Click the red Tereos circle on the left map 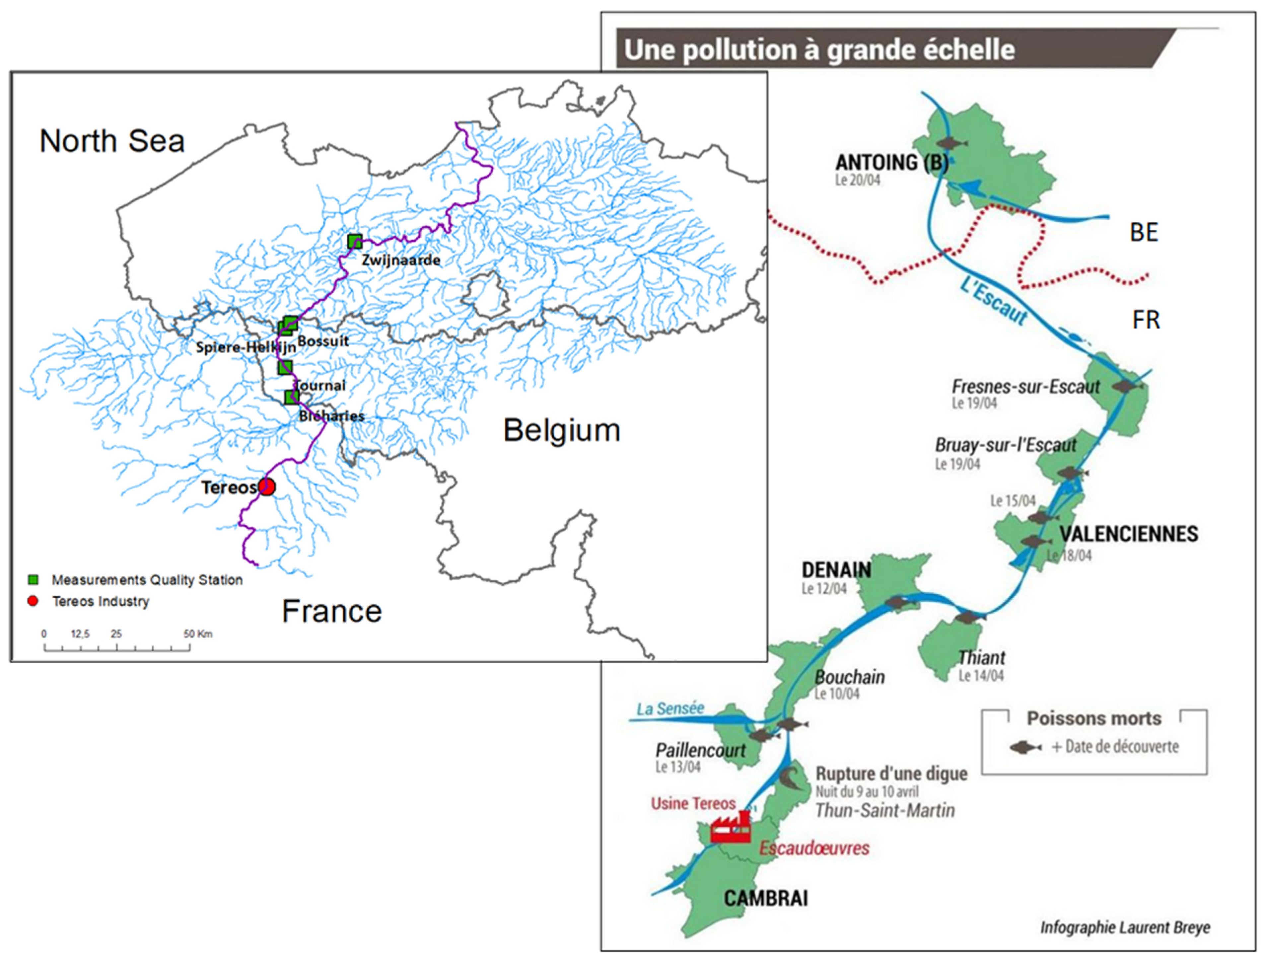click(266, 487)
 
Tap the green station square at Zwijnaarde click(355, 241)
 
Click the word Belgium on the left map click(562, 430)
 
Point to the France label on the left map click(332, 611)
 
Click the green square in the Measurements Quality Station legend click(33, 579)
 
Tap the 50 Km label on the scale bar click(198, 634)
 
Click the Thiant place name click(982, 657)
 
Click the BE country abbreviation click(1144, 232)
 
